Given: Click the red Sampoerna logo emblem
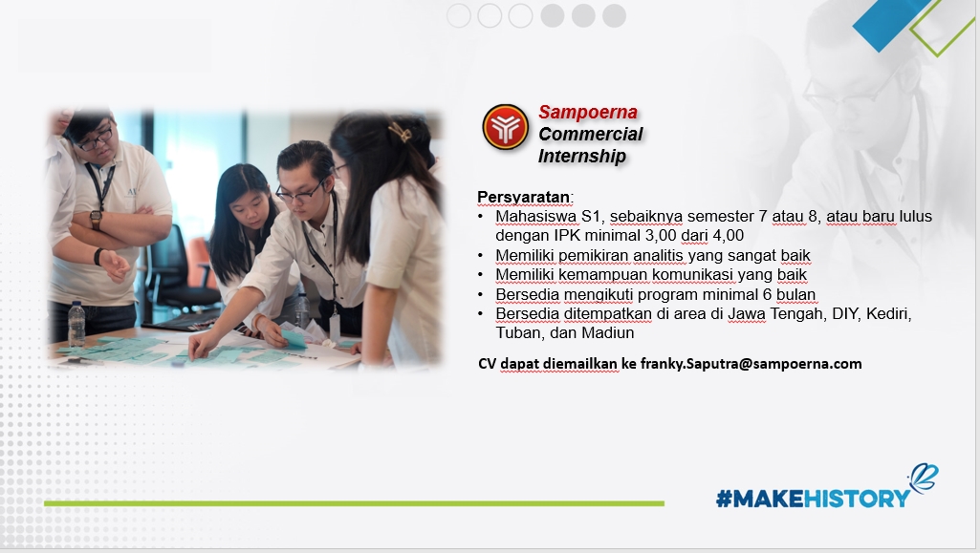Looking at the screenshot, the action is point(505,127).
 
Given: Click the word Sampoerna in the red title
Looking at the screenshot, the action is point(587,113).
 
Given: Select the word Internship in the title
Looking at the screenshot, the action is point(582,156).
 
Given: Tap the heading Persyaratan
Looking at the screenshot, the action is point(524,198).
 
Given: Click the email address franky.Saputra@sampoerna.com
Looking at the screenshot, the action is point(751,364).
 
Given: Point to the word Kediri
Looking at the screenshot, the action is point(889,314).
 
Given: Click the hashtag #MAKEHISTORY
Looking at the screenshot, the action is point(813,498).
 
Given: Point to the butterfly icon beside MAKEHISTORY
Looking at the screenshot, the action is point(925,478).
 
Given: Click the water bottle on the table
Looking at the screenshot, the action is point(76,324).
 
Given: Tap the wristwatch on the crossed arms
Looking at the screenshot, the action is point(96,219).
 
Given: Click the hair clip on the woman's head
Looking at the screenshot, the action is point(400,132).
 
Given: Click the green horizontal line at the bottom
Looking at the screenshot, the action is point(354,503).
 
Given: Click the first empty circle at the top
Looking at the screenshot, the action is point(459,15).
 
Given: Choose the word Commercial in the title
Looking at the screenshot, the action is point(591,135).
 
